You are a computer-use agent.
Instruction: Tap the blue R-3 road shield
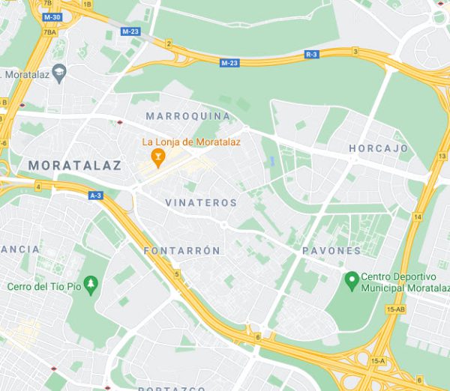(311, 55)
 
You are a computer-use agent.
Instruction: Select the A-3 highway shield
(95, 195)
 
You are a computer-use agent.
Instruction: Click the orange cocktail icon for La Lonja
(158, 157)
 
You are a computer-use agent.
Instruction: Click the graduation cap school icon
(61, 73)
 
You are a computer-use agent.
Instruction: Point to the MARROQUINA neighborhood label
(188, 116)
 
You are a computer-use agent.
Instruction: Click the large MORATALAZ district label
(74, 165)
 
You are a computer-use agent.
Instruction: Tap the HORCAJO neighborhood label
(378, 149)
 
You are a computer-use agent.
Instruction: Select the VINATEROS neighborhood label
(201, 203)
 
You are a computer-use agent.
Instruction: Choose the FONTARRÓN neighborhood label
(182, 250)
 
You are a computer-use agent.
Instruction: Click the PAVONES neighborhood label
(331, 250)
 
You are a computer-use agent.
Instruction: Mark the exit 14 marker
(418, 216)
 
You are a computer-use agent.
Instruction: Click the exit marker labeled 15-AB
(395, 309)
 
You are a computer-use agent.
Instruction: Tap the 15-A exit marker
(379, 361)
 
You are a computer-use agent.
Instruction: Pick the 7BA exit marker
(50, 32)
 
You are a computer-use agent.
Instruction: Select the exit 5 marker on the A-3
(177, 275)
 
